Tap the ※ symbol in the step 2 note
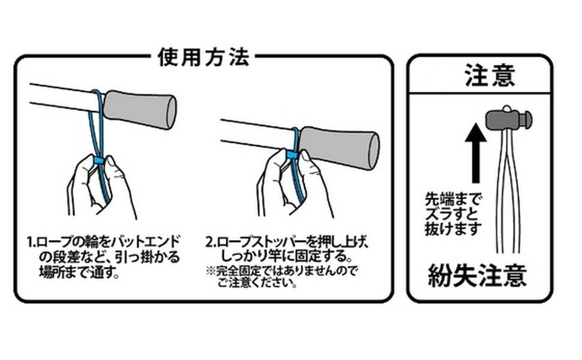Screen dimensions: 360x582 point(210,271)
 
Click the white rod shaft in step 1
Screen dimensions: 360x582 point(60,97)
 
